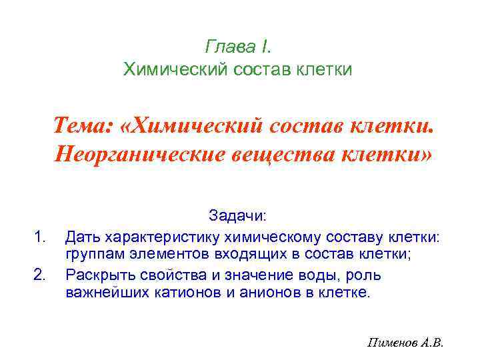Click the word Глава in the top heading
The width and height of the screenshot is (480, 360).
[x=228, y=47]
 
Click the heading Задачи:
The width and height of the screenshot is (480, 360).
[x=237, y=216]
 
